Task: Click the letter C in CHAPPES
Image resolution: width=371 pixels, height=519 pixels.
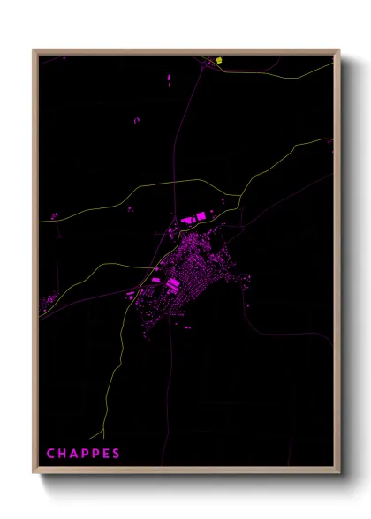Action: (x=50, y=455)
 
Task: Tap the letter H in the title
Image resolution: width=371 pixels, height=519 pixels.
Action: (x=62, y=455)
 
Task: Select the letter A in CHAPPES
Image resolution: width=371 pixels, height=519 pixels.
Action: (x=74, y=455)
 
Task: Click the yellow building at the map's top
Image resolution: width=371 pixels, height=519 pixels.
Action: (x=219, y=61)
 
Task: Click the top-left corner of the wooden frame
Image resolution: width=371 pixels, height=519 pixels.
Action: (x=34, y=50)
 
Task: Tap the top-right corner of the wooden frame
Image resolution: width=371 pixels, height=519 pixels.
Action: (x=339, y=50)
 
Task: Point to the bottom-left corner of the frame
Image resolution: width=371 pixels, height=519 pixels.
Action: (x=34, y=474)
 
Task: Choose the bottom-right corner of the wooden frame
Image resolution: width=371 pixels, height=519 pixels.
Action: (x=339, y=474)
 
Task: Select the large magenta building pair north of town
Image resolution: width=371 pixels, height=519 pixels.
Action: (x=193, y=216)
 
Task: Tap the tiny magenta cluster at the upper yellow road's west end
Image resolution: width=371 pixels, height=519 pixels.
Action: (x=54, y=214)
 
